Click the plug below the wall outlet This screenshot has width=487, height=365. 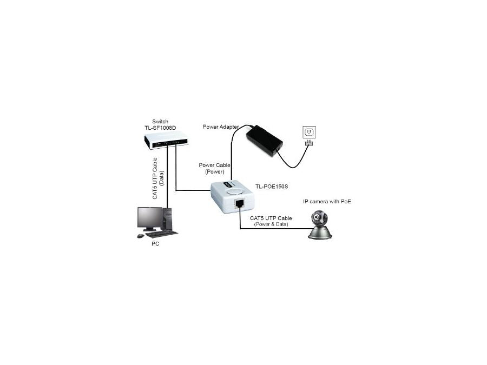coord(308,143)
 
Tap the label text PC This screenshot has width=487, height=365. coord(155,244)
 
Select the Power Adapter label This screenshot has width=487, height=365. coord(221,127)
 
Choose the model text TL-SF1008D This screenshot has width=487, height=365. coord(163,128)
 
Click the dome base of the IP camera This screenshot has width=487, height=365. coord(320,233)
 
